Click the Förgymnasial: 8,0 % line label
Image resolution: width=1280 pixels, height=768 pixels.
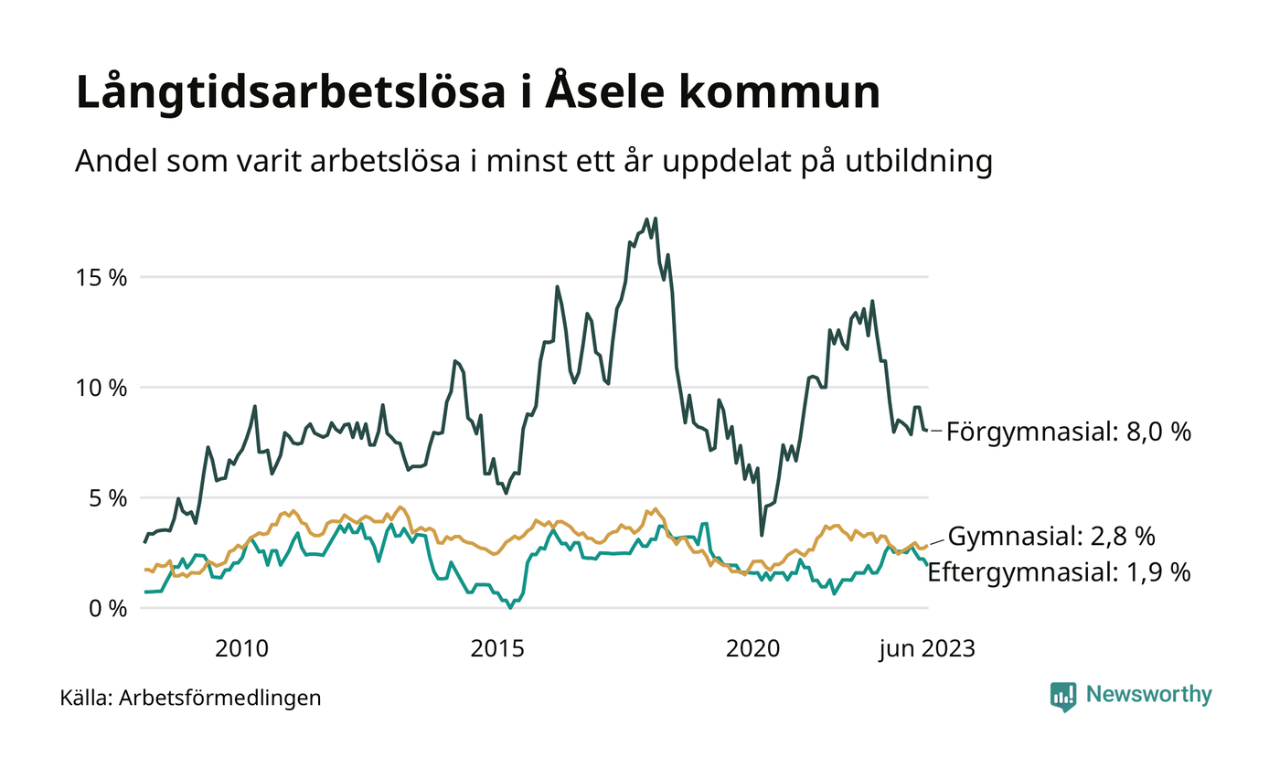[x=1069, y=432]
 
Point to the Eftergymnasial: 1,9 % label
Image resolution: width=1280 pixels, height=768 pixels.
[x=1060, y=573]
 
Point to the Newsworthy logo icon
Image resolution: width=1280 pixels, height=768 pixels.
[x=1062, y=696]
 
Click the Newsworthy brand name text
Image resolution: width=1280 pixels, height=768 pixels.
[x=1148, y=695]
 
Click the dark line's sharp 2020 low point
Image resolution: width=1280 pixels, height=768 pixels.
[x=762, y=535]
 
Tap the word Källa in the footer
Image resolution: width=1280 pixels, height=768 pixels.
[x=85, y=699]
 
